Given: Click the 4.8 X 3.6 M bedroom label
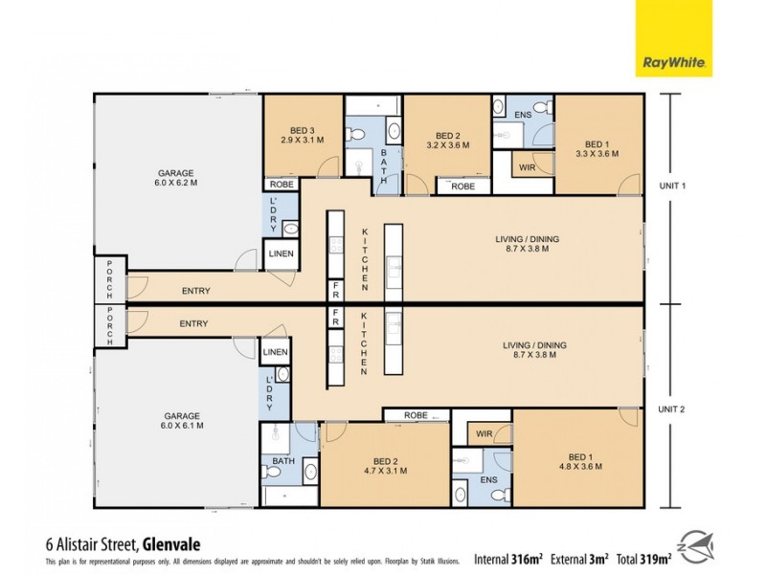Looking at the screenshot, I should tap(580, 461).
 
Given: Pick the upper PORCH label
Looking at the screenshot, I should tap(110, 279).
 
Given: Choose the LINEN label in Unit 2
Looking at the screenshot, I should tap(274, 353).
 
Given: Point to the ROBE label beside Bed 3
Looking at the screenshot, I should tap(282, 183).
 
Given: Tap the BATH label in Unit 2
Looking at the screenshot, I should tap(283, 460).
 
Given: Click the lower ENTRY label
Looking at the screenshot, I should tap(193, 324).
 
